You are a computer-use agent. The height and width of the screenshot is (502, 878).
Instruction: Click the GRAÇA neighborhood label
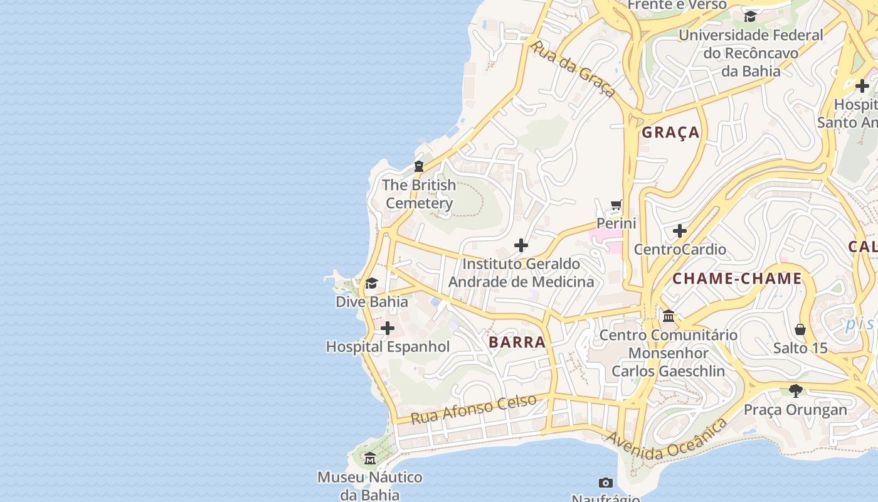[670, 132]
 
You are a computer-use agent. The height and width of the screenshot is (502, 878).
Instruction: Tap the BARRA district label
[517, 342]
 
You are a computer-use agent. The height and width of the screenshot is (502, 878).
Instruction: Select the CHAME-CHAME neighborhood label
[737, 279]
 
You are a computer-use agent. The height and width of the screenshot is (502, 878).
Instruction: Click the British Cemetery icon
[419, 166]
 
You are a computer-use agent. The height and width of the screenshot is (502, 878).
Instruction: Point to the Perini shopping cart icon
[616, 205]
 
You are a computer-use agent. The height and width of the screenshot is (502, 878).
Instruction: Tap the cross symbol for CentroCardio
[680, 231]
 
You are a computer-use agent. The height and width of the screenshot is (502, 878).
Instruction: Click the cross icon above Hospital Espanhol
[388, 328]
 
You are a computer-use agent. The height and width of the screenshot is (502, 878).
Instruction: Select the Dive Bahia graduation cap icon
[372, 284]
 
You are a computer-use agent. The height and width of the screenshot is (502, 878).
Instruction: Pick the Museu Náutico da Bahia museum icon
[370, 459]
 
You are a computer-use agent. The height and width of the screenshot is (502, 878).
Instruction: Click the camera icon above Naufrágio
[605, 483]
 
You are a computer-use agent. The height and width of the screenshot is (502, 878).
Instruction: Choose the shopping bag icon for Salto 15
[800, 329]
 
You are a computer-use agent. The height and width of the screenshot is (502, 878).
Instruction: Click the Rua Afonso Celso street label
[474, 409]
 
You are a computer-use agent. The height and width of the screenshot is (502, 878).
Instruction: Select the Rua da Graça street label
[573, 68]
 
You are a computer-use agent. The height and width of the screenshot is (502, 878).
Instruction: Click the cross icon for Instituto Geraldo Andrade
[521, 245]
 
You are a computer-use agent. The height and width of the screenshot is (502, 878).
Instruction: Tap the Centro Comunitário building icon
[669, 316]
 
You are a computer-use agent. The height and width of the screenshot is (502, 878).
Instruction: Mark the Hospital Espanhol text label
[388, 346]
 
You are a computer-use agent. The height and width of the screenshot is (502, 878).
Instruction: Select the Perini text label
[616, 223]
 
